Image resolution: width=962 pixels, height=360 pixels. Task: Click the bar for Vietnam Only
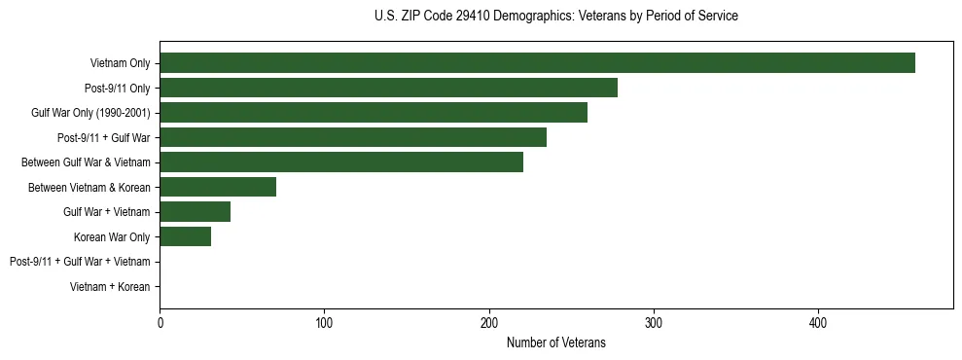coord(537,63)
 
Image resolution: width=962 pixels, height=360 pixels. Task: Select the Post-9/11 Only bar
coord(388,89)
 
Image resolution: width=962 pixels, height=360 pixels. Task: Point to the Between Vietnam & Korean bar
coord(218,187)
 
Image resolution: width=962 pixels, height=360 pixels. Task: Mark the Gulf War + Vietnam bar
coord(195,211)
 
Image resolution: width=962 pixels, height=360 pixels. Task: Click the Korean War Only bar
coord(185,236)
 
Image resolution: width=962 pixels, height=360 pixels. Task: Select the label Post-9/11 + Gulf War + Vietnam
coord(80,262)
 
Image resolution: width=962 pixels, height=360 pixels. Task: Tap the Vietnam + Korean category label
coord(110,287)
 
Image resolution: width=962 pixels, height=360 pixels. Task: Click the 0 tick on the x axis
coord(160,322)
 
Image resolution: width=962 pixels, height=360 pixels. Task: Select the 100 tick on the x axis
coord(324,322)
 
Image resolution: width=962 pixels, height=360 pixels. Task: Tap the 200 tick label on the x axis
coord(489,322)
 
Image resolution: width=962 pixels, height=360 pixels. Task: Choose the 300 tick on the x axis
coord(654,322)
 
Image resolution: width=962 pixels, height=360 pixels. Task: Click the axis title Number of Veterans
coord(555,342)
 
